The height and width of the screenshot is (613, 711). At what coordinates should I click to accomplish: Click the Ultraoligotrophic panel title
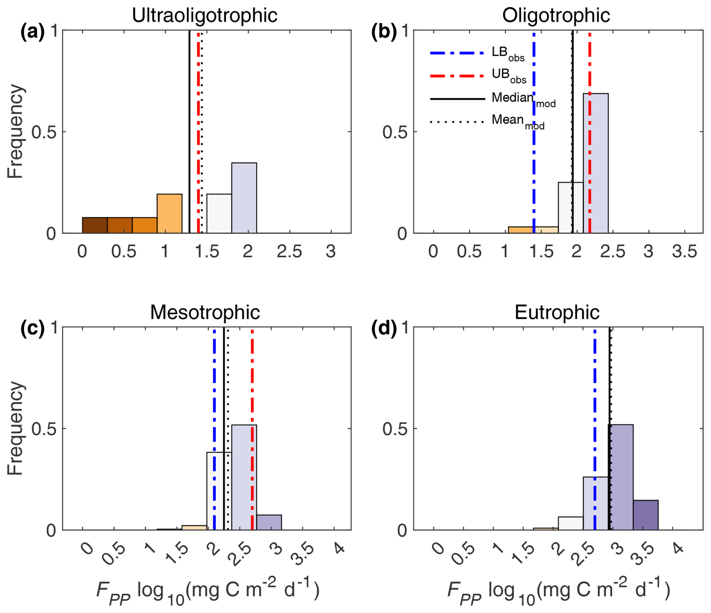tap(204, 16)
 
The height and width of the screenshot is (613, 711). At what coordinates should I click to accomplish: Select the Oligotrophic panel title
tap(556, 16)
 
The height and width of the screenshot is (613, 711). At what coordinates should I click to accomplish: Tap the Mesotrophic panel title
tap(205, 312)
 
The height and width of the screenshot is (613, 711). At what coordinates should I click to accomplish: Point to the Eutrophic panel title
tap(557, 312)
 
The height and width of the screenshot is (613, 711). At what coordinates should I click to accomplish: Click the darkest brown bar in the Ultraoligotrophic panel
tap(95, 225)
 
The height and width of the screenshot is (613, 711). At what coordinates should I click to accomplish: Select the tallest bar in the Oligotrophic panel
tap(596, 163)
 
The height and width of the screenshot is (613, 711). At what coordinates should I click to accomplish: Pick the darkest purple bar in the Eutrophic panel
tap(646, 515)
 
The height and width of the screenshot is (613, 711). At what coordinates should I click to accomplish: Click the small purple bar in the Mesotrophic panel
tap(269, 522)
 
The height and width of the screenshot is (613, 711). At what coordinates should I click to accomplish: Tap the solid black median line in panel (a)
tap(189, 132)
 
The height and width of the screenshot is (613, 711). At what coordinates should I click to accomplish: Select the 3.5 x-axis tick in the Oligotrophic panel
tap(684, 251)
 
